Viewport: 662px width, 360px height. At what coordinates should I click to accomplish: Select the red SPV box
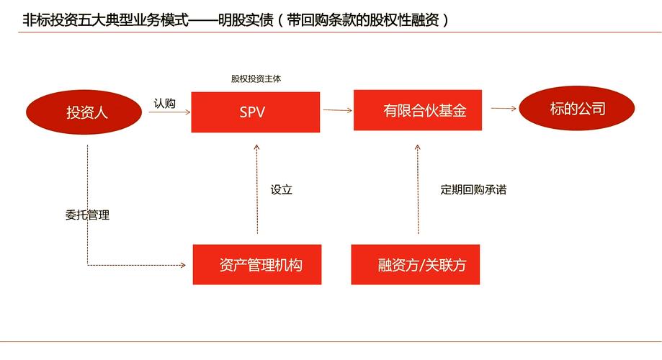click(x=256, y=112)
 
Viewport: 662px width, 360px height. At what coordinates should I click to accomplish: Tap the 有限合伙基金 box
click(x=418, y=110)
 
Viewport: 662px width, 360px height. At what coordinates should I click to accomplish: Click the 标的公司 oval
click(x=577, y=109)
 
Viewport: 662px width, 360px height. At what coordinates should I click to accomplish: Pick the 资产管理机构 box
click(x=257, y=264)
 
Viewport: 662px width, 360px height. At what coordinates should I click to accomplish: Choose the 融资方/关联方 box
click(x=416, y=264)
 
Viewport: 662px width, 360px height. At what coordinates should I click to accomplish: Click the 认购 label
click(x=164, y=103)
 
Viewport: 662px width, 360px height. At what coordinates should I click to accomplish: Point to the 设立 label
click(x=282, y=190)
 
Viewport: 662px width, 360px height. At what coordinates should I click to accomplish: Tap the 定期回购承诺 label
click(x=473, y=190)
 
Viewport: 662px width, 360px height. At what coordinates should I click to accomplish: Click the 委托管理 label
click(x=87, y=215)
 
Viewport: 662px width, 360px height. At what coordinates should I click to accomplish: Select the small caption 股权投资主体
click(x=256, y=79)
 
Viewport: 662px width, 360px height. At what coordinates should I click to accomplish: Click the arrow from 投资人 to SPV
click(x=169, y=112)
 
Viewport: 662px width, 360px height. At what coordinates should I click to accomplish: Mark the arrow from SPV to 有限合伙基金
click(x=336, y=110)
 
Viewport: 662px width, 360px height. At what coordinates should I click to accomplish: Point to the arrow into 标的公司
click(x=504, y=109)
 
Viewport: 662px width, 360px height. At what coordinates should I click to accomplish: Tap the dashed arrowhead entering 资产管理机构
click(x=184, y=266)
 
